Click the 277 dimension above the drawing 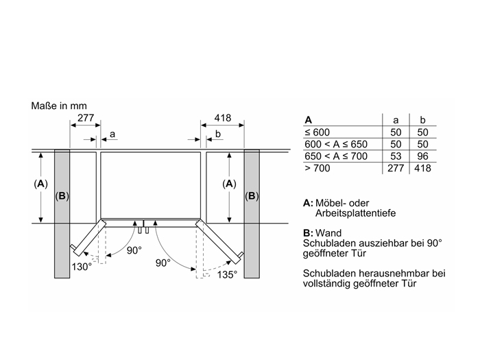pyautogui.click(x=86, y=118)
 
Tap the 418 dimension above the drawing pyautogui.click(x=223, y=118)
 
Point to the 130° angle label pyautogui.click(x=82, y=267)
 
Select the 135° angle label pyautogui.click(x=227, y=274)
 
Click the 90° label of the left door pyautogui.click(x=134, y=250)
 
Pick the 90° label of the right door pyautogui.click(x=163, y=263)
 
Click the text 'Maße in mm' pyautogui.click(x=59, y=106)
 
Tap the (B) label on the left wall pyautogui.click(x=62, y=196)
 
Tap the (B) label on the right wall pyautogui.click(x=252, y=196)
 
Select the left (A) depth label pyautogui.click(x=40, y=184)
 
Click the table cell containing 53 pyautogui.click(x=396, y=156)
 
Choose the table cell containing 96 pyautogui.click(x=423, y=156)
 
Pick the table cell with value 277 pyautogui.click(x=396, y=168)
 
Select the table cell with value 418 pyautogui.click(x=423, y=168)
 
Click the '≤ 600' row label pyautogui.click(x=317, y=132)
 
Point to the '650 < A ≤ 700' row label pyautogui.click(x=336, y=156)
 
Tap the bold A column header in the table pyautogui.click(x=309, y=120)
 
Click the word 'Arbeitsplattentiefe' pyautogui.click(x=355, y=213)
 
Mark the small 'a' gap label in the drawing pyautogui.click(x=112, y=134)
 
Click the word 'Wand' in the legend pyautogui.click(x=328, y=233)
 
